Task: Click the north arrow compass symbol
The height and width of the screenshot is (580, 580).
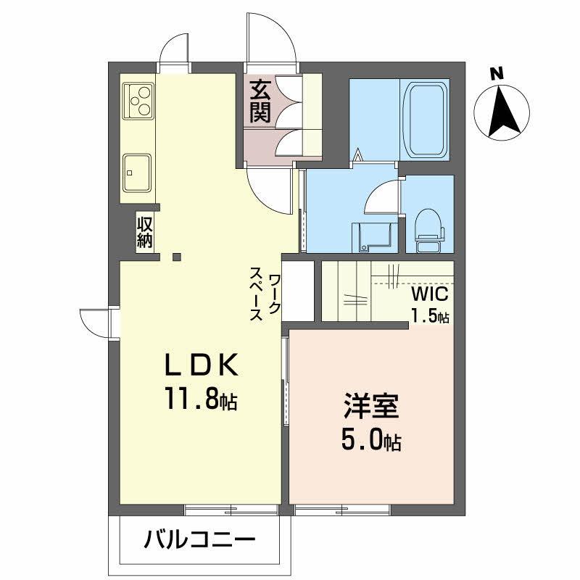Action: click(x=501, y=112)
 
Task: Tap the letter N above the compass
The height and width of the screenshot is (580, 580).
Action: click(x=497, y=73)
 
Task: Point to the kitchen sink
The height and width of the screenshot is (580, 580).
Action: click(x=137, y=172)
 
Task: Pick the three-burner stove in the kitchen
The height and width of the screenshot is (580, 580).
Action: click(x=138, y=101)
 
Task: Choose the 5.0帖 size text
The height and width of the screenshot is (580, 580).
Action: click(x=371, y=440)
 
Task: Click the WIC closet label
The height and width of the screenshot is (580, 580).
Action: click(x=431, y=295)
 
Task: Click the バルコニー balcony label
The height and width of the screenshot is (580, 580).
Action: click(x=199, y=540)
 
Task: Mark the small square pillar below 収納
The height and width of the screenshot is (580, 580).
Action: click(x=176, y=255)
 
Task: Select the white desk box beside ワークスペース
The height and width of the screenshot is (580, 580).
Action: click(x=297, y=290)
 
